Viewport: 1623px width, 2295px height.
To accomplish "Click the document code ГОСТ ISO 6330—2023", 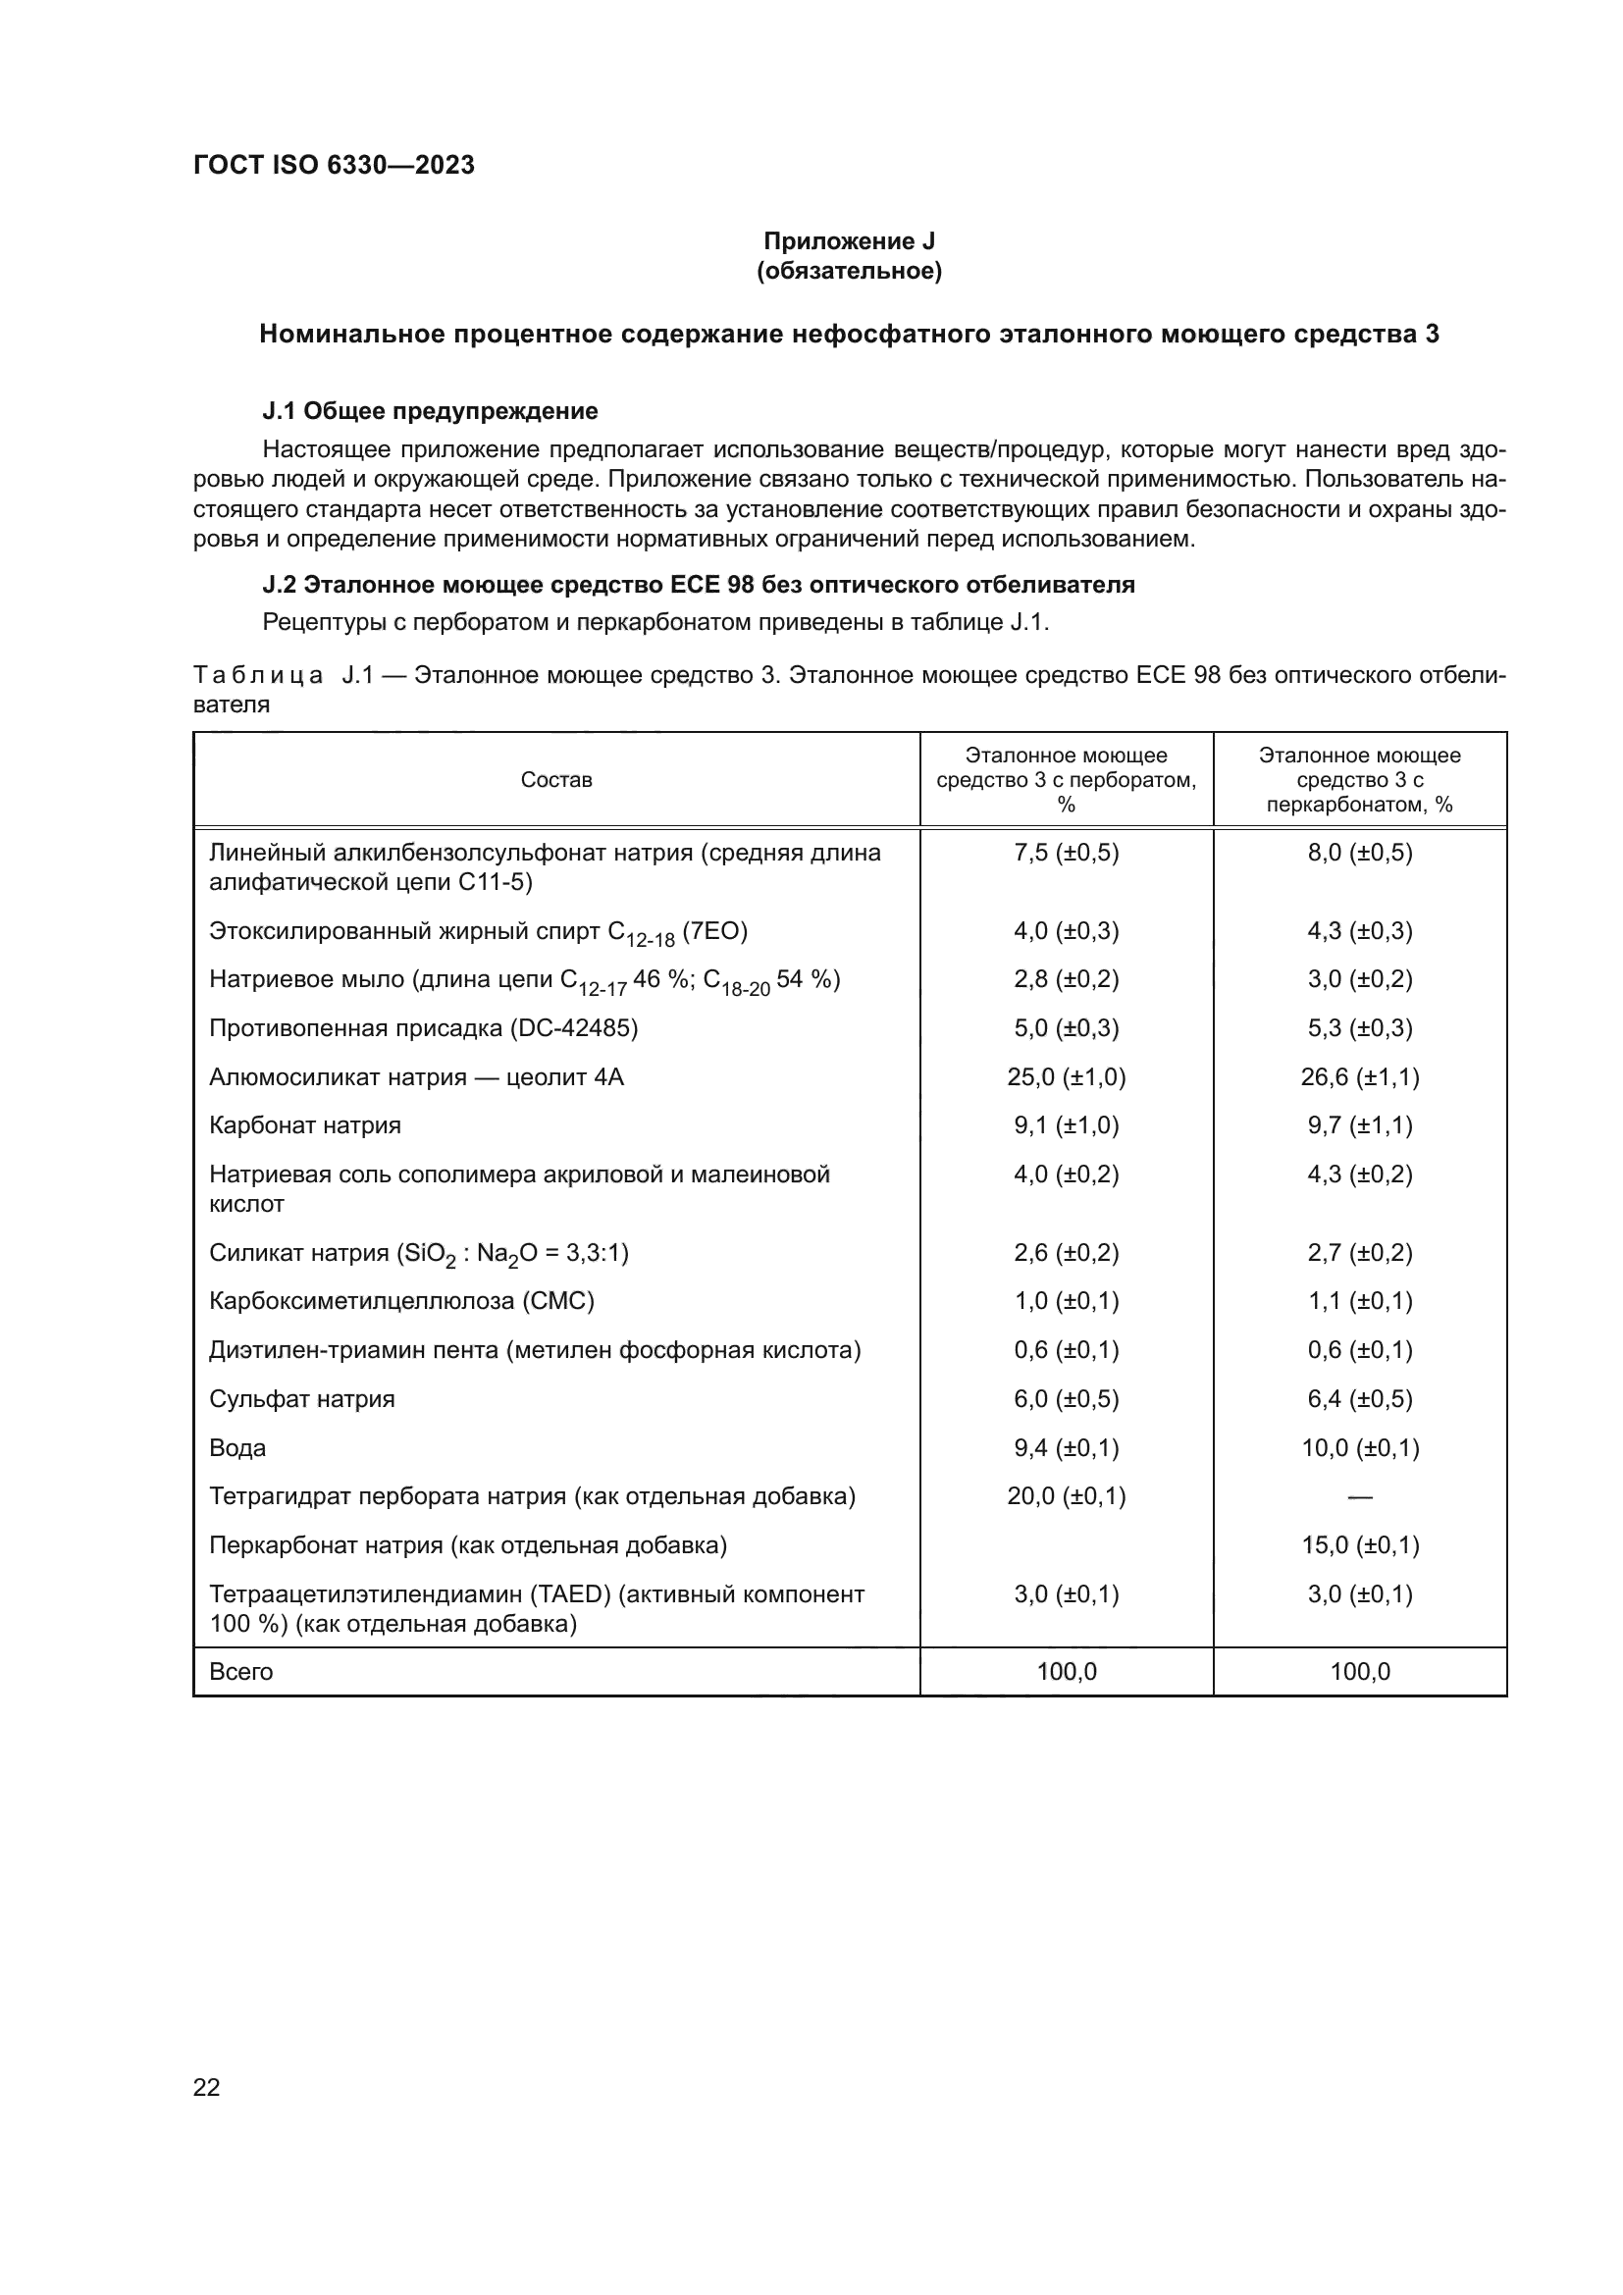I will pyautogui.click(x=334, y=165).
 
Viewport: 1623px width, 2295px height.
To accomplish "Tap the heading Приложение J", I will pyautogui.click(x=849, y=241).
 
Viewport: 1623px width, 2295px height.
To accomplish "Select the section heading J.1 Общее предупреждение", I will pyautogui.click(x=430, y=411).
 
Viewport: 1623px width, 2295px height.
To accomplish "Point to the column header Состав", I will pyautogui.click(x=555, y=780).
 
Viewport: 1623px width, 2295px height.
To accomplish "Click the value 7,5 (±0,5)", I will pyautogui.click(x=1066, y=853).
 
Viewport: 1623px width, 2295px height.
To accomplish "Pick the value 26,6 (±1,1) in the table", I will pyautogui.click(x=1359, y=1076).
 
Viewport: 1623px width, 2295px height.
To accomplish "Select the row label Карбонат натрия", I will pyautogui.click(x=305, y=1125).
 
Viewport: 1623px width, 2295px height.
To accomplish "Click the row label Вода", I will pyautogui.click(x=237, y=1447).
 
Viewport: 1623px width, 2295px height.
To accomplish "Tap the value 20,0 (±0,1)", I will pyautogui.click(x=1066, y=1496).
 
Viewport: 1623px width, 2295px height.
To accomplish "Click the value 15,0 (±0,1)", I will pyautogui.click(x=1359, y=1545).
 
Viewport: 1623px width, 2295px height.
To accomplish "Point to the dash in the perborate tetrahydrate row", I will pyautogui.click(x=1359, y=1497).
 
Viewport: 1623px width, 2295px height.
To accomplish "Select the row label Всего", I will pyautogui.click(x=240, y=1671).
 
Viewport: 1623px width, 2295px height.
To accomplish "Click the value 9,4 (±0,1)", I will pyautogui.click(x=1066, y=1447).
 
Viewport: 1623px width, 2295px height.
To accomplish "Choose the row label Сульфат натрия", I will pyautogui.click(x=302, y=1398).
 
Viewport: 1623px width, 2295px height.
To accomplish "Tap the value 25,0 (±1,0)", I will pyautogui.click(x=1066, y=1076).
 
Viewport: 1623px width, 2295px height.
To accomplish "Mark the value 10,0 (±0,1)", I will pyautogui.click(x=1359, y=1447).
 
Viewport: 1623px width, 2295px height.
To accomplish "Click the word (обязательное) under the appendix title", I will pyautogui.click(x=849, y=271).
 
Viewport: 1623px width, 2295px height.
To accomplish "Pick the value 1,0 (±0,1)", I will pyautogui.click(x=1066, y=1300).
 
